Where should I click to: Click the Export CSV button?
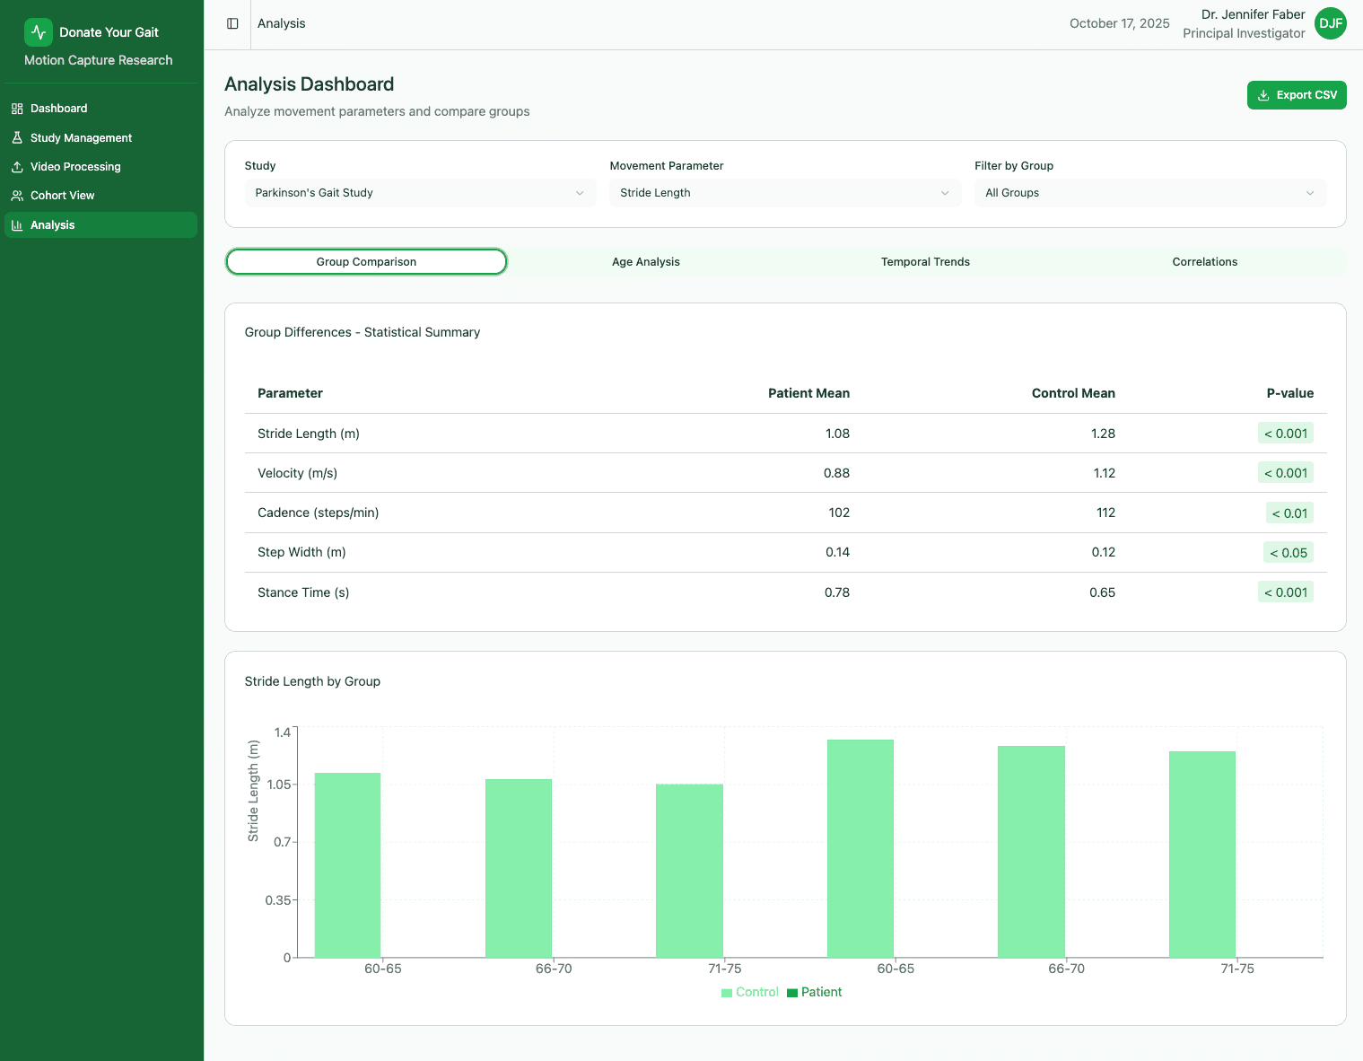point(1296,95)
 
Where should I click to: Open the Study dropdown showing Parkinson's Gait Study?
point(419,193)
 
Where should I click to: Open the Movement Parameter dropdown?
point(784,193)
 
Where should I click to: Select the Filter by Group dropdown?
point(1149,193)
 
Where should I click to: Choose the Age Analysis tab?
point(645,262)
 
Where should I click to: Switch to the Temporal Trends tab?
point(925,262)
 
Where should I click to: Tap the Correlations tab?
point(1204,262)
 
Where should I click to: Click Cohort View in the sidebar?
point(62,196)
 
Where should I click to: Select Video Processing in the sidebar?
point(75,167)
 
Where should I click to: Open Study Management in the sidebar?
point(81,138)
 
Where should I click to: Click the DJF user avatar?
point(1330,23)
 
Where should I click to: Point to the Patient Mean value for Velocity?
point(836,473)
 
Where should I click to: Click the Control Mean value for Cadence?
point(1105,513)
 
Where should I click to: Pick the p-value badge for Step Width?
point(1288,553)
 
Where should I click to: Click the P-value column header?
point(1289,393)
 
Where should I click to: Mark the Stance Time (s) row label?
point(303,592)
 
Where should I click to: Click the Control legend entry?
point(750,992)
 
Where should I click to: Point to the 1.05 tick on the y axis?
point(279,785)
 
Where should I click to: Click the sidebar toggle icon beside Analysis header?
point(232,23)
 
